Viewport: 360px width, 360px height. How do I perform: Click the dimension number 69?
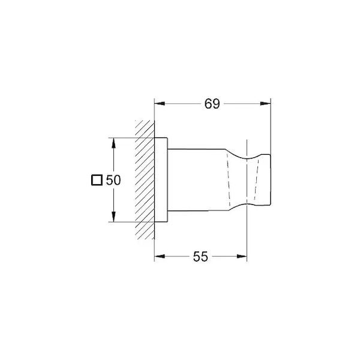pyautogui.click(x=212, y=104)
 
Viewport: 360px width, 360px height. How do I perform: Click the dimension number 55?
pyautogui.click(x=200, y=257)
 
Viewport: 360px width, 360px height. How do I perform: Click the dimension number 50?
pyautogui.click(x=113, y=180)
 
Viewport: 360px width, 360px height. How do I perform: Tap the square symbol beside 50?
pyautogui.click(x=97, y=180)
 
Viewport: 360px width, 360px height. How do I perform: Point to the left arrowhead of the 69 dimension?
pyautogui.click(x=160, y=104)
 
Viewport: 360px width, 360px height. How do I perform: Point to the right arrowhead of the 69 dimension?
pyautogui.click(x=265, y=104)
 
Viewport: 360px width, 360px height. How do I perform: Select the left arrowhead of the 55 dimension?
pyautogui.click(x=160, y=256)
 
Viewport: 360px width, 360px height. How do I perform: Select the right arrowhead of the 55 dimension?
pyautogui.click(x=242, y=256)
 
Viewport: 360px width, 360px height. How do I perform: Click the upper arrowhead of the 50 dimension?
pyautogui.click(x=113, y=143)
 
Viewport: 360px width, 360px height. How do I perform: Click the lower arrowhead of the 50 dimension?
pyautogui.click(x=113, y=217)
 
